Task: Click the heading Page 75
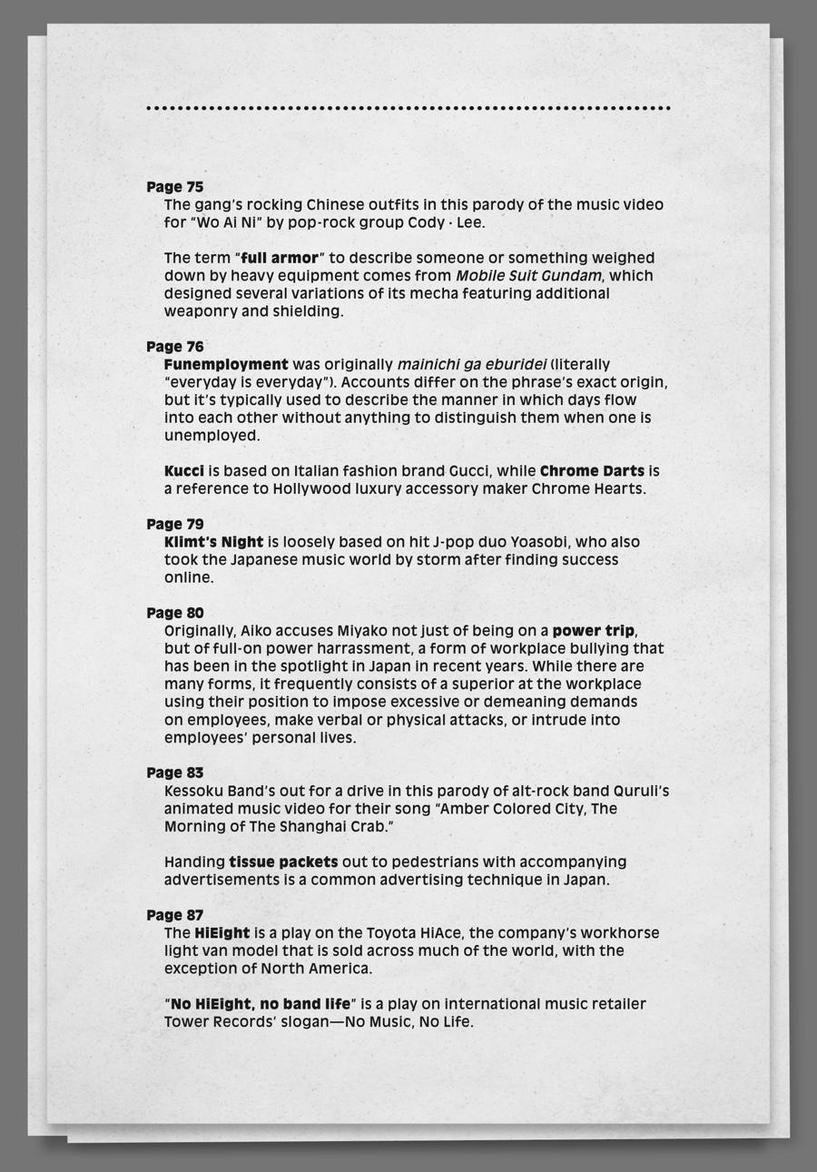point(175,187)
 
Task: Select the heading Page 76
point(175,347)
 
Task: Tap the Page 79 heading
point(175,525)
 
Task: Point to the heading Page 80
point(175,613)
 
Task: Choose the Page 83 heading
point(175,773)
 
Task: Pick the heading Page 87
point(175,915)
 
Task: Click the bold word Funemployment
point(226,365)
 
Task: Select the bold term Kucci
point(184,471)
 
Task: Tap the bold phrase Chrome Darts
point(592,471)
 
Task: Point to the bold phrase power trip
point(594,631)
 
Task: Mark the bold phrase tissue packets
point(283,862)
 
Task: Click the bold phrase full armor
point(280,258)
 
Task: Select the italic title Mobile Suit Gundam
point(528,276)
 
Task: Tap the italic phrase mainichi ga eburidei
point(472,365)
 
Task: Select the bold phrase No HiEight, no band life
point(260,1004)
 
